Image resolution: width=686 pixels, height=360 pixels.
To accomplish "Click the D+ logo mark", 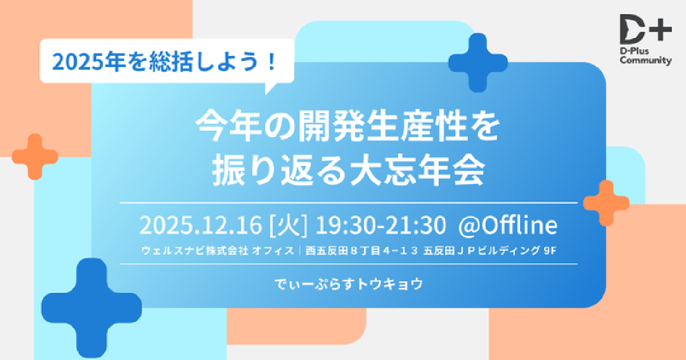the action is coord(645,29).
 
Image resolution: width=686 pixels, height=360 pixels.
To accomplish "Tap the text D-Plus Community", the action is coord(645,56).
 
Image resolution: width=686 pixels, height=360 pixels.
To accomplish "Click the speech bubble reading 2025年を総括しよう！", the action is coord(167,61).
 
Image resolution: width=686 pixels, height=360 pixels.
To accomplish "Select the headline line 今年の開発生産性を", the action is coord(348,126).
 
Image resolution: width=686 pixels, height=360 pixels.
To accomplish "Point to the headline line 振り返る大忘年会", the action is coord(349,169).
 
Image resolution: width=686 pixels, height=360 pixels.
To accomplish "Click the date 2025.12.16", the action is coord(201,225).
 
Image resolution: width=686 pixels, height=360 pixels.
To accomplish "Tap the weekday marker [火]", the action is coord(288,225).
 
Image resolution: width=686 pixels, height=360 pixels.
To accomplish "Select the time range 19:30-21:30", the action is coord(381,225).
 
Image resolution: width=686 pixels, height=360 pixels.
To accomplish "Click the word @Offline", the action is coord(508,225).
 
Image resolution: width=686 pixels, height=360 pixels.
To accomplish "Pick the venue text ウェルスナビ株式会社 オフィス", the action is coord(218,251).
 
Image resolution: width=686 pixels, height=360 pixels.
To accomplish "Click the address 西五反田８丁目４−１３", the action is coord(362,251).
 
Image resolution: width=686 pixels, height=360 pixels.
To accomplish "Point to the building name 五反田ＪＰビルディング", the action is coord(481,251).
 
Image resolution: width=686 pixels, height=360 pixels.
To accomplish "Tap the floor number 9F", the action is coord(550,251).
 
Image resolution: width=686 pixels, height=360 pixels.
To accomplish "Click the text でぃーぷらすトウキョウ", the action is coord(349,284).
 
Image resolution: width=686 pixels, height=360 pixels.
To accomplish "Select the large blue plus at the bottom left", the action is coord(91,307).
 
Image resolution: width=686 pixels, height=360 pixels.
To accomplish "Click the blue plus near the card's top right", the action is coord(478,63).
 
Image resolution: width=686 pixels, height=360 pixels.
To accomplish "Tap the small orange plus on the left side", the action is coord(35,157).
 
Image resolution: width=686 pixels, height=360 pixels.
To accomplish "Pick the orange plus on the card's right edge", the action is coord(606,203).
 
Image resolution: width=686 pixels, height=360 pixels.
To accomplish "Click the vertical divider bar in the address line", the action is coord(300,251).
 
